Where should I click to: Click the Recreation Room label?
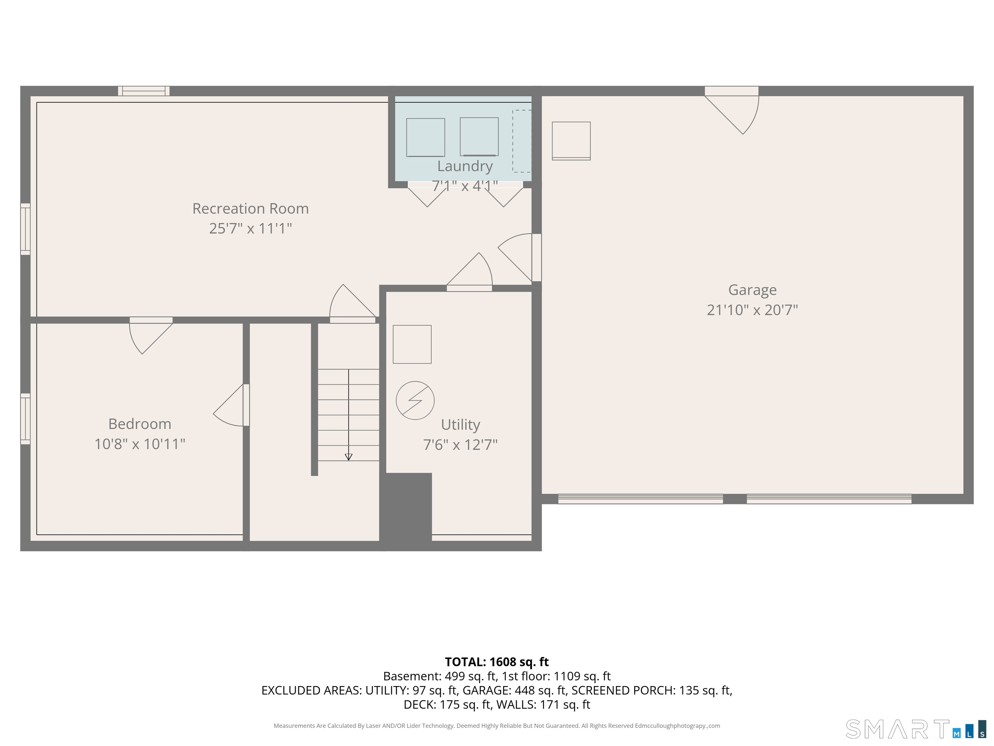[250, 209]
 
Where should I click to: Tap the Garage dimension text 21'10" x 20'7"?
[752, 310]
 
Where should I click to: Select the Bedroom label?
[140, 424]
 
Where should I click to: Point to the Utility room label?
[461, 425]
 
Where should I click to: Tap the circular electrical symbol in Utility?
[415, 401]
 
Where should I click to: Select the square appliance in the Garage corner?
[571, 141]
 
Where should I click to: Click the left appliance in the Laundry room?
[425, 138]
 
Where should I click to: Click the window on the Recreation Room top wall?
[144, 91]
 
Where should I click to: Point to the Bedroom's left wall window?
[26, 419]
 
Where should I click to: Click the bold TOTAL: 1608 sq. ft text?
[497, 662]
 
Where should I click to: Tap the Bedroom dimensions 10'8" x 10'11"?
[140, 444]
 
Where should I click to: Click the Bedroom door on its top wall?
[151, 335]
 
